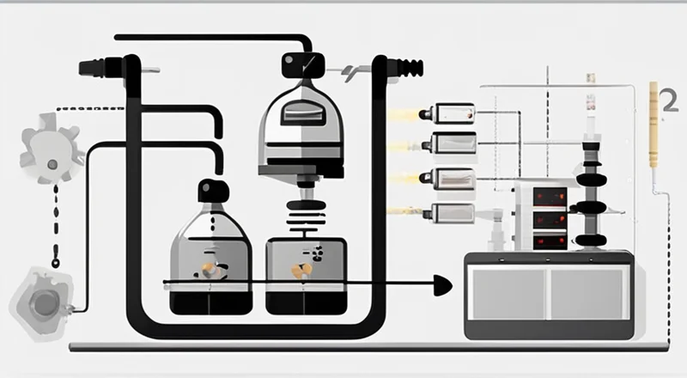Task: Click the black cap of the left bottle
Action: tap(213, 190)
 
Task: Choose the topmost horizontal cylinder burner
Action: tap(453, 113)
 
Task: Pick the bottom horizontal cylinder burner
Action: tap(452, 211)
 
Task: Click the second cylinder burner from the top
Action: tap(453, 143)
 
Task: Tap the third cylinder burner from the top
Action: tap(453, 177)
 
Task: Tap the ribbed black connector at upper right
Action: tap(407, 67)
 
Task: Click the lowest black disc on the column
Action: tap(591, 239)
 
